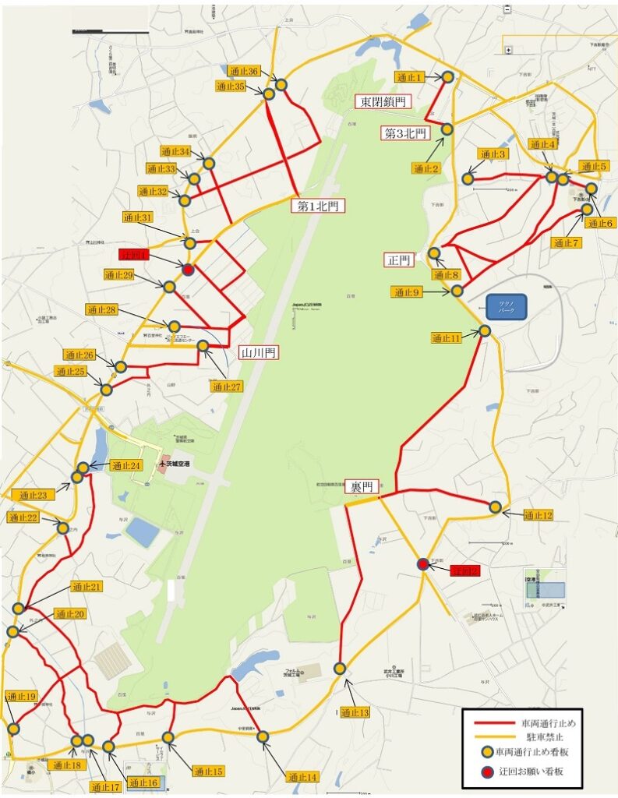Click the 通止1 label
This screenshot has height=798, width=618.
(x=410, y=77)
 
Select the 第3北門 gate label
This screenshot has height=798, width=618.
(x=405, y=133)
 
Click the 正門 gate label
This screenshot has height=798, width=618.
(x=399, y=260)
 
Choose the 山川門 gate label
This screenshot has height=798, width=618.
(x=260, y=353)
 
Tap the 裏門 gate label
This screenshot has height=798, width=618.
(x=362, y=487)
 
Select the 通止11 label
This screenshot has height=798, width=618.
(x=447, y=337)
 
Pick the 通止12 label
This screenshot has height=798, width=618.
(x=539, y=515)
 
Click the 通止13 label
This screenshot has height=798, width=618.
(x=355, y=712)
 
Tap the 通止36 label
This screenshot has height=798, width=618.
(x=243, y=71)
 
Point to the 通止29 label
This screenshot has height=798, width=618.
(x=119, y=275)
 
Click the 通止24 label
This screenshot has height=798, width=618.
(x=125, y=466)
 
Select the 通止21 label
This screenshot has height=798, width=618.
(x=87, y=587)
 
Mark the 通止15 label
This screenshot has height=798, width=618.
(x=209, y=772)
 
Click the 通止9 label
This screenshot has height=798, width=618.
(x=407, y=292)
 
